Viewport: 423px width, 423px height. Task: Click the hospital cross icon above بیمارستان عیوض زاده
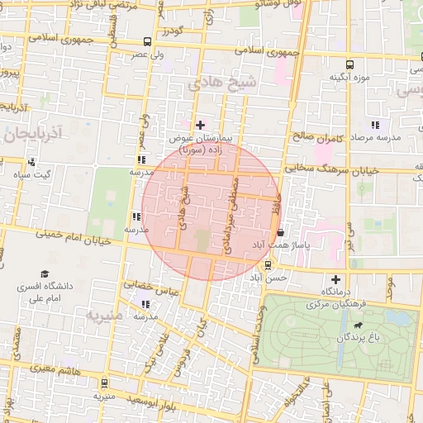(199, 125)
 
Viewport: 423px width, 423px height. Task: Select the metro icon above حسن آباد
(268, 265)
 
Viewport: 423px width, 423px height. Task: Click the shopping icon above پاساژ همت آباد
(281, 232)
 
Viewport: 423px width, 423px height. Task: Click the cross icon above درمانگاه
(335, 279)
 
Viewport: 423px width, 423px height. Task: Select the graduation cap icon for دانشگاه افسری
(43, 273)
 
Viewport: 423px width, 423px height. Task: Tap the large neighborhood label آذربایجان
(33, 133)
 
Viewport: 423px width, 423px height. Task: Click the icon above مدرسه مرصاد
(376, 125)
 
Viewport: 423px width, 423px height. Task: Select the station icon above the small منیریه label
(104, 383)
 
